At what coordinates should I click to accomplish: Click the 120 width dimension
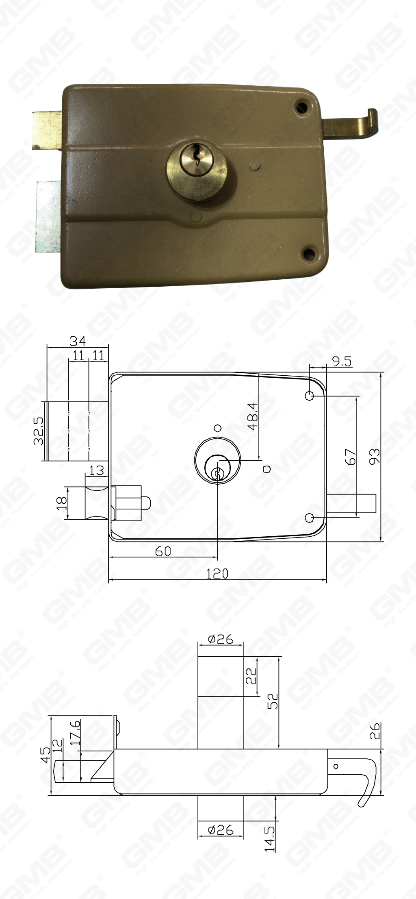pos(217,574)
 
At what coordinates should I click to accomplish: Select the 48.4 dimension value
pos(253,416)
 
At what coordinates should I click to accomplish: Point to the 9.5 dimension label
pos(342,361)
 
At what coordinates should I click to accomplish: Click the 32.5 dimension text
pos(39,431)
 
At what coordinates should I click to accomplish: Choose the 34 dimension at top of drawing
pos(78,341)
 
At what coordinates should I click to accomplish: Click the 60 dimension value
pos(163,551)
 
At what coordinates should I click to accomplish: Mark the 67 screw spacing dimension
pos(350,457)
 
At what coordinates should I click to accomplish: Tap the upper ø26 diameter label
pos(221,640)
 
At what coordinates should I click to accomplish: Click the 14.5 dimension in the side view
pos(270,839)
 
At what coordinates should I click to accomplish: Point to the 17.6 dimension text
pos(75,732)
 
